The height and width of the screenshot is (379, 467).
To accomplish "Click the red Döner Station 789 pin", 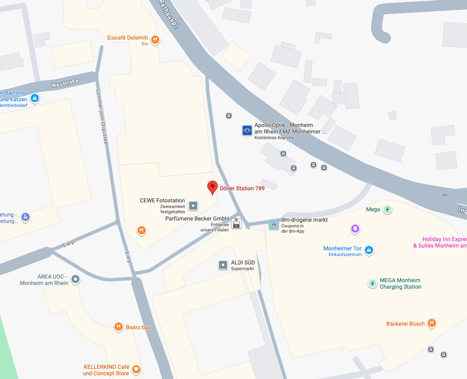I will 213,188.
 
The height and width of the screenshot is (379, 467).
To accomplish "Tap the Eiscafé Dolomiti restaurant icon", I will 155,40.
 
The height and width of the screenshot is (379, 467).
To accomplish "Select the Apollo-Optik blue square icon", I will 247,131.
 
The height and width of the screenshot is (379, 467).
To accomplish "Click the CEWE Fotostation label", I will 163,201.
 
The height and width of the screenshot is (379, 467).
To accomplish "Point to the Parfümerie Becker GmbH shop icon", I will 236,224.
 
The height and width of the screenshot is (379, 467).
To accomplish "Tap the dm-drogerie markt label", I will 304,220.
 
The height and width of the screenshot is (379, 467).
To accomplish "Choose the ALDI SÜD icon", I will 223,265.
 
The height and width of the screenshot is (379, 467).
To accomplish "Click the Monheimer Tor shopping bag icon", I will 369,250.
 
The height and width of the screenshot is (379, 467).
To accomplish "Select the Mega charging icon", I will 388,210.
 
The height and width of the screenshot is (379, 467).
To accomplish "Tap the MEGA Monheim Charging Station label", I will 400,283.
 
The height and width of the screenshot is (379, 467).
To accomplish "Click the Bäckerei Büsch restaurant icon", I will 432,323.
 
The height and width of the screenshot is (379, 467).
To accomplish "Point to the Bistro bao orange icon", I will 118,327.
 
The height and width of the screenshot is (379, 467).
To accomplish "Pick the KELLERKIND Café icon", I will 136,369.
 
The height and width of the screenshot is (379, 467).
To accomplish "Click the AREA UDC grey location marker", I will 75,279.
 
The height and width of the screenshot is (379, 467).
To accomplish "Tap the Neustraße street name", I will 65,83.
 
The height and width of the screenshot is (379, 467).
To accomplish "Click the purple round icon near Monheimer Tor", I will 355,229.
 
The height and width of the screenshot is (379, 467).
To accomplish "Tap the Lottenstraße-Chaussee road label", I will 101,117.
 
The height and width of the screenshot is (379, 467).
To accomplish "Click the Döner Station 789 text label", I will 242,189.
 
